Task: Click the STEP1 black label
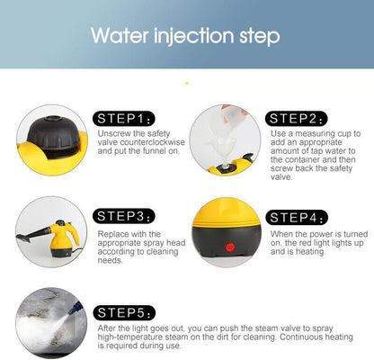pyautogui.click(x=124, y=119)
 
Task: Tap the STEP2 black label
pyautogui.click(x=297, y=119)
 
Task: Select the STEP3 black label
pyautogui.click(x=124, y=216)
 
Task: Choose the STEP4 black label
pyautogui.click(x=297, y=218)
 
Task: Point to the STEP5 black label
pyautogui.click(x=124, y=313)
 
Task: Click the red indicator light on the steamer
pyautogui.click(x=230, y=247)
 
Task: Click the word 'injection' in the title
pyautogui.click(x=193, y=36)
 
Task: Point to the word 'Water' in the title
pyautogui.click(x=120, y=35)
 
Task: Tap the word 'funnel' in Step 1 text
pyautogui.click(x=155, y=150)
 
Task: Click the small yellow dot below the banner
pyautogui.click(x=187, y=83)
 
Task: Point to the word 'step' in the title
pyautogui.click(x=260, y=37)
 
